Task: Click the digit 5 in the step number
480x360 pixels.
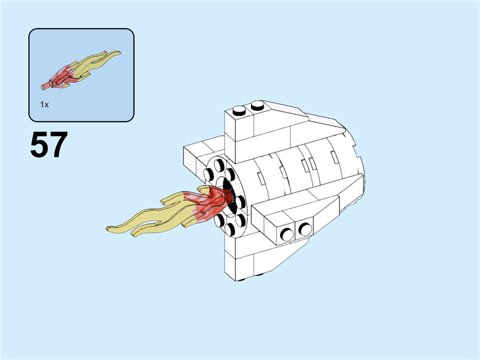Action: coord(40,145)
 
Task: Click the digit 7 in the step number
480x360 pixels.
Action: coord(58,145)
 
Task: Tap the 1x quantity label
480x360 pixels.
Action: coord(44,104)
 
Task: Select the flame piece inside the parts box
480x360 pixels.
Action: coord(81,70)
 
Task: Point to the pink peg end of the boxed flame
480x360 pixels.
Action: coord(45,86)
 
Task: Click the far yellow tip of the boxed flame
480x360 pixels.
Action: coord(119,53)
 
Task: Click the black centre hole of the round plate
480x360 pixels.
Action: coord(230,196)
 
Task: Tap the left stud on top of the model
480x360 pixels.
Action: coord(239,110)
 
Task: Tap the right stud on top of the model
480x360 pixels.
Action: coord(257,106)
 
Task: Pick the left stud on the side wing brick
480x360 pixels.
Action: coord(287,235)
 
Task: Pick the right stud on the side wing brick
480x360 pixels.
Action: coord(305,229)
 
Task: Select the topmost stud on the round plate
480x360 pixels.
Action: coord(219,166)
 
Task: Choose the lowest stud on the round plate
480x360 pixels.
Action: coord(230,229)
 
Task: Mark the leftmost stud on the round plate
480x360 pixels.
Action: coord(208,175)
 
